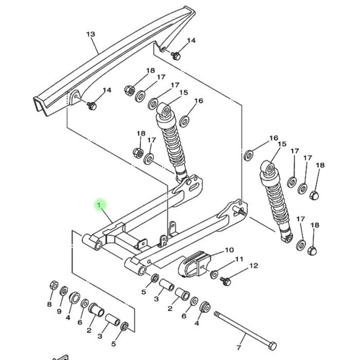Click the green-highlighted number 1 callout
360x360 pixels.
pyautogui.click(x=99, y=205)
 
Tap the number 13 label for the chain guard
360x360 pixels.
pyautogui.click(x=91, y=34)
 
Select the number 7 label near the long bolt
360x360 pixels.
pyautogui.click(x=239, y=348)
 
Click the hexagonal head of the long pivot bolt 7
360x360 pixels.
pyautogui.click(x=273, y=346)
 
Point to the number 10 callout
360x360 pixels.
pyautogui.click(x=229, y=250)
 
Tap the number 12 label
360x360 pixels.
pyautogui.click(x=254, y=266)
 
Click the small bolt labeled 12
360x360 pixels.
pyautogui.click(x=225, y=281)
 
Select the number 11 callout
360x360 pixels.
pyautogui.click(x=239, y=259)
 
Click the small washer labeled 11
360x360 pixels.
pyautogui.click(x=214, y=275)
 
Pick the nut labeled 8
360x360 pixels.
pyautogui.click(x=54, y=285)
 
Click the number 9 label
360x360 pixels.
pyautogui.click(x=59, y=311)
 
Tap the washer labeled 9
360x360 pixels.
pyautogui.click(x=64, y=292)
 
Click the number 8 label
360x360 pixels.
pyautogui.click(x=49, y=304)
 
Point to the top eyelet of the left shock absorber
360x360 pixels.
pyautogui.click(x=165, y=110)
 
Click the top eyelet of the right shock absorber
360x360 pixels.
pyautogui.click(x=268, y=168)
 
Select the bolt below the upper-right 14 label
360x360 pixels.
pyautogui.click(x=176, y=56)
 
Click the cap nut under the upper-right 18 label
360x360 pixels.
pyautogui.click(x=315, y=195)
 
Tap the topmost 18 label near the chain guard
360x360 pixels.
pyautogui.click(x=151, y=70)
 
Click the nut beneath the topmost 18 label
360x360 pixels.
pyautogui.click(x=130, y=91)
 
